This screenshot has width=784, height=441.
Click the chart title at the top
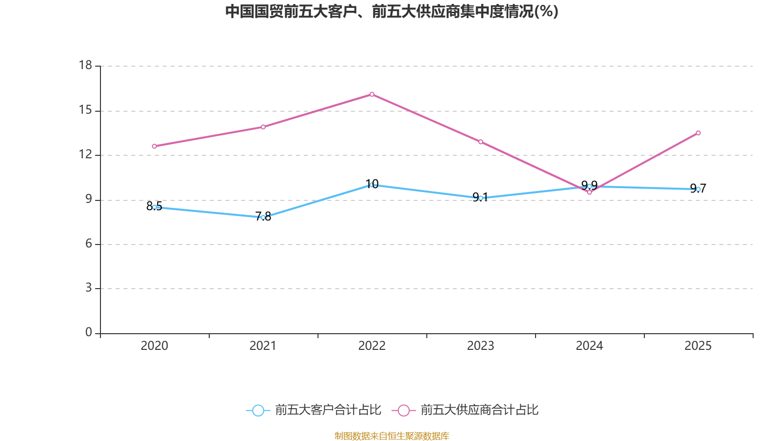click(392, 11)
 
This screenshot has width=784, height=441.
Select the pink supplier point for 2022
click(372, 94)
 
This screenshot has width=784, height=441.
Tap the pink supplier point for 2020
click(154, 146)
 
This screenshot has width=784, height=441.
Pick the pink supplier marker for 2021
click(263, 127)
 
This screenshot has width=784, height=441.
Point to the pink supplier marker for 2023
click(481, 142)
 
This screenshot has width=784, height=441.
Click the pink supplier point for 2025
click(698, 133)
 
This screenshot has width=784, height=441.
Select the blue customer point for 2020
click(154, 207)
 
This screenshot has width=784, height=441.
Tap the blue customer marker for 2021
click(263, 217)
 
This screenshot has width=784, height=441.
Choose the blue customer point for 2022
click(372, 185)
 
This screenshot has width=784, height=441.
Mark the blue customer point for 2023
click(481, 198)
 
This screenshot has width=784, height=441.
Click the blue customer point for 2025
click(698, 189)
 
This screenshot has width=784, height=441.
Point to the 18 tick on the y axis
click(85, 65)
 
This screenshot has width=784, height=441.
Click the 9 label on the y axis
click(89, 199)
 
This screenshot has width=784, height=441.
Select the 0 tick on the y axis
click(89, 333)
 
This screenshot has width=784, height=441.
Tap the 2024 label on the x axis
click(589, 346)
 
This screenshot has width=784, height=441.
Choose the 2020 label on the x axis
click(154, 346)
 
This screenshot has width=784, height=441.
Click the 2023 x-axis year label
click(480, 346)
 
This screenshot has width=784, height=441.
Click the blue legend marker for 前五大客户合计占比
click(258, 410)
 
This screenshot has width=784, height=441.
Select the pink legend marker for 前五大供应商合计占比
click(403, 410)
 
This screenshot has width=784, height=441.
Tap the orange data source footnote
click(392, 436)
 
